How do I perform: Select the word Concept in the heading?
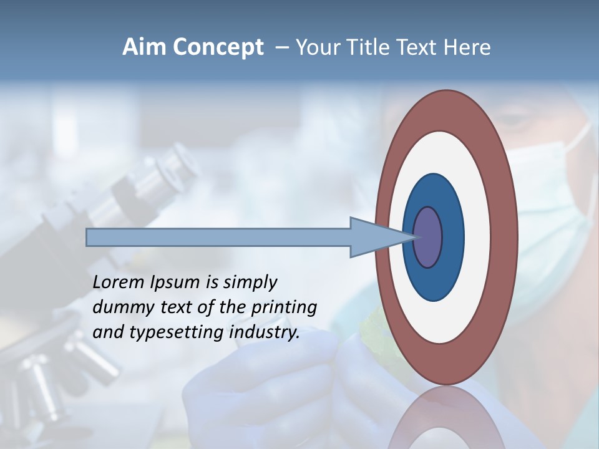[x=218, y=47]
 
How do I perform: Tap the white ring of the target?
[x=477, y=238]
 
